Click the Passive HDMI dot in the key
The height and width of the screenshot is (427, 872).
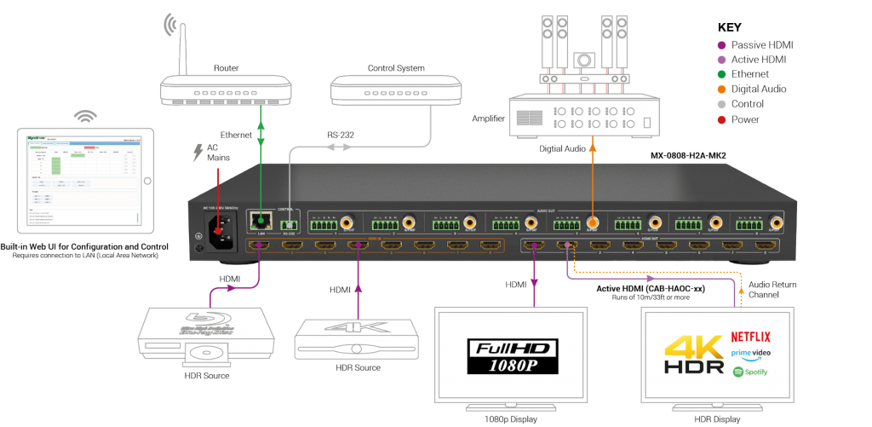click(x=721, y=43)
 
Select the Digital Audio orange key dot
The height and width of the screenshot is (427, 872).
click(x=721, y=89)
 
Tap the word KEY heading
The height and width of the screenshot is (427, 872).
click(x=730, y=26)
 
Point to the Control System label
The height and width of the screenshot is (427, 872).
click(x=395, y=67)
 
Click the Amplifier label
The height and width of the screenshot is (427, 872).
click(x=489, y=118)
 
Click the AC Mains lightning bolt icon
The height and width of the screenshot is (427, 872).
click(x=197, y=153)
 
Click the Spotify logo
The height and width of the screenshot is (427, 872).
click(x=749, y=372)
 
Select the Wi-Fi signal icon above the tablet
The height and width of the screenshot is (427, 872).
click(x=84, y=115)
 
